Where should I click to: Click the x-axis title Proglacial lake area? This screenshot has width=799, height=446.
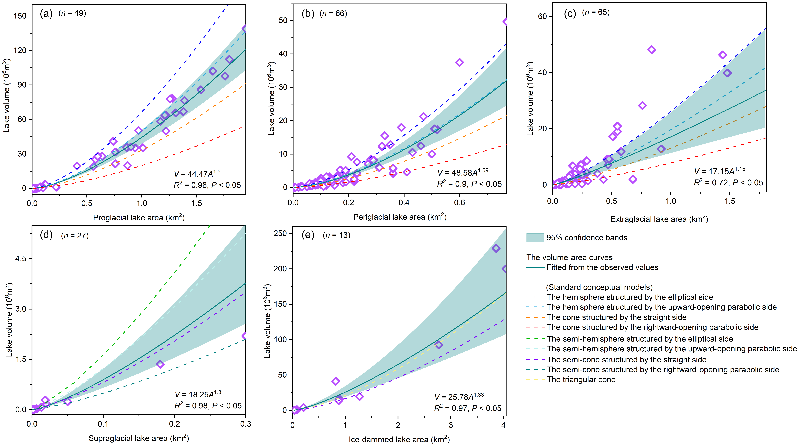139,218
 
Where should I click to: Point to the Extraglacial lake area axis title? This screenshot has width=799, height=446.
659,219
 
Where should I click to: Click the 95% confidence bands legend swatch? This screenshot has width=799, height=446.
535,238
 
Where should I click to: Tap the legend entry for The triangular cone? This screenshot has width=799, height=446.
581,380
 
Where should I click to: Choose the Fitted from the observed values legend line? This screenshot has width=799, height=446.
535,267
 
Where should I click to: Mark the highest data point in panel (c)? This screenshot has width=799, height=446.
652,50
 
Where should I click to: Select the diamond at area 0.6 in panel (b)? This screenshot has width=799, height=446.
459,62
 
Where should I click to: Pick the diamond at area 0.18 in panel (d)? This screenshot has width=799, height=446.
160,364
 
